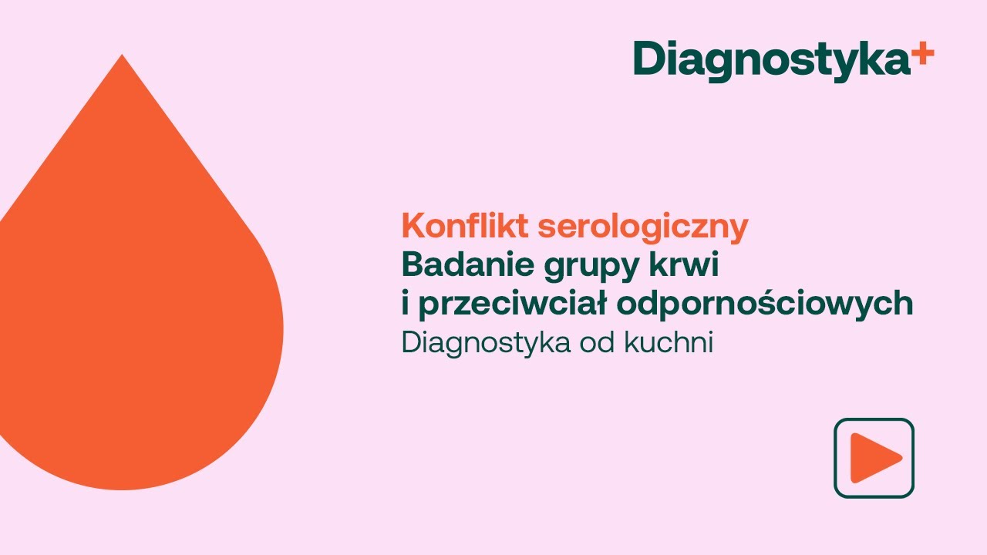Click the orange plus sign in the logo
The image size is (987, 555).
pos(922,53)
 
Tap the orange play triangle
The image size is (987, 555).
pos(875,458)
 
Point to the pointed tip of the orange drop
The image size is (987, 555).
pos(122,56)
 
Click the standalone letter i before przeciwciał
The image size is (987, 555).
pos(405,303)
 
